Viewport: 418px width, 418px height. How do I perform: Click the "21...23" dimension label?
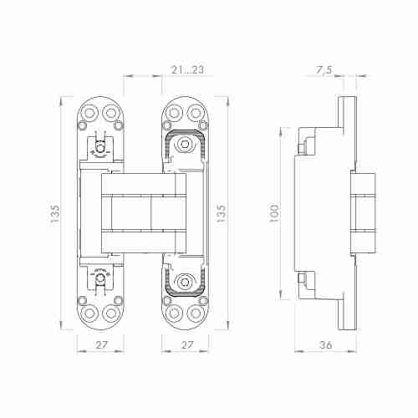pos(187,69)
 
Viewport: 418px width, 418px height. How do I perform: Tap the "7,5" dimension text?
pos(324,69)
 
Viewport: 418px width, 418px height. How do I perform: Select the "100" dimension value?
pos(274,213)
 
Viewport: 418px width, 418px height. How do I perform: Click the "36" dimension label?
pos(325,345)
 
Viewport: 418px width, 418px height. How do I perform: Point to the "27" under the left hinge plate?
pos(101,345)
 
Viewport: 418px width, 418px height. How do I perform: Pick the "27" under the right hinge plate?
pos(187,345)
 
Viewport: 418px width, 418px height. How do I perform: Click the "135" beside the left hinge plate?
pos(55,213)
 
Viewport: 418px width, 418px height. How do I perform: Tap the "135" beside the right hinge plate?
pos(221,213)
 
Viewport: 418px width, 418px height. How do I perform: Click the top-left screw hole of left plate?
pos(89,113)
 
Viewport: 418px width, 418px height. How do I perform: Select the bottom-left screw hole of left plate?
pos(89,313)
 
